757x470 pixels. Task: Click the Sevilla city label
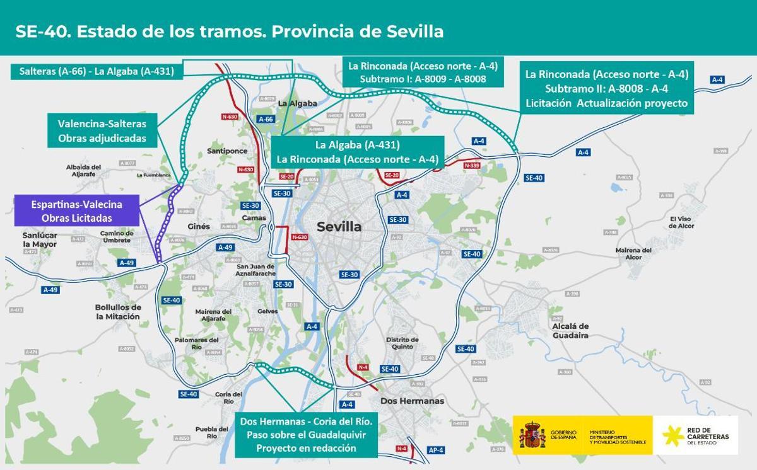(x=339, y=227)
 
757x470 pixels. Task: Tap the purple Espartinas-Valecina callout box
(x=76, y=211)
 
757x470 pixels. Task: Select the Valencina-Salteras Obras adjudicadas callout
(x=102, y=131)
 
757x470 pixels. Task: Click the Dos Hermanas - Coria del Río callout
(x=306, y=434)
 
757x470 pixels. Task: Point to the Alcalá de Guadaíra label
(x=570, y=331)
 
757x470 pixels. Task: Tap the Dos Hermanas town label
(x=412, y=401)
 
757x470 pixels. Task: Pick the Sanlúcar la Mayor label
(x=40, y=239)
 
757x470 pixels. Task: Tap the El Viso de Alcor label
(x=681, y=222)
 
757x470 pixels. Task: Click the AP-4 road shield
(x=436, y=450)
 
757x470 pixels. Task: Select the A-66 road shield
(x=266, y=119)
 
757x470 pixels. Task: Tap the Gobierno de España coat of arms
(x=532, y=435)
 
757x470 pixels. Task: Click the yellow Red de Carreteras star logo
(x=673, y=435)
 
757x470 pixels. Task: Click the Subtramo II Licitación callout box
(x=606, y=89)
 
